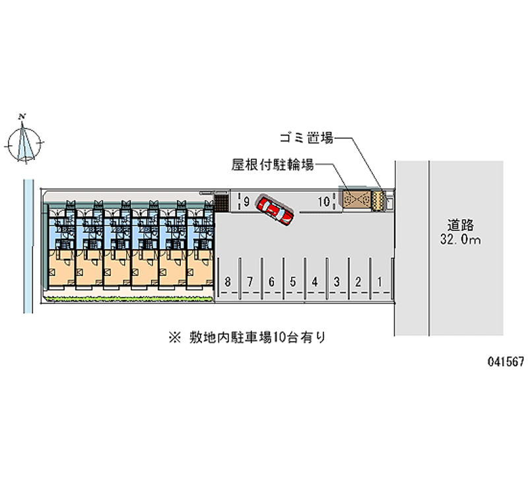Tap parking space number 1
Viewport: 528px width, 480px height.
[379, 282]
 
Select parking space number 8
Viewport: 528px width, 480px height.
[228, 282]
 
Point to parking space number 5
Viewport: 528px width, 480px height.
[292, 282]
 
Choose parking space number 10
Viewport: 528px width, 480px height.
[323, 202]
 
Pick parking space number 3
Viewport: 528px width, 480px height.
[337, 282]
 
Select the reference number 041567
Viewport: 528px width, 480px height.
[506, 362]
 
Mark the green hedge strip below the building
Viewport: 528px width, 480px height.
[129, 299]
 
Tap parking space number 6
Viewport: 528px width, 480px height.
[271, 282]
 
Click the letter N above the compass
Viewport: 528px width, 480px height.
[23, 117]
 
